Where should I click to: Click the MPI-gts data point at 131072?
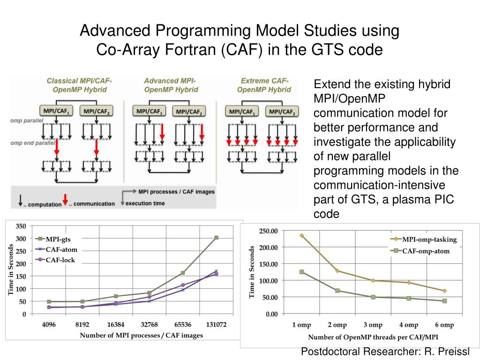(x=216, y=238)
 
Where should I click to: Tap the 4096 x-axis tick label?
(x=48, y=324)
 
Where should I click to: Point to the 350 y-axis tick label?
(x=21, y=226)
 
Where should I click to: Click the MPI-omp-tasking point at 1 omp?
(x=302, y=235)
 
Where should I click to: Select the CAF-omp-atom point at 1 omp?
(x=302, y=272)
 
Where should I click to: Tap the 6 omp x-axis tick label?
(x=444, y=325)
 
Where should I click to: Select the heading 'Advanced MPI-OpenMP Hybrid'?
(x=171, y=85)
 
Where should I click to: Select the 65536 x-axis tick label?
(x=182, y=324)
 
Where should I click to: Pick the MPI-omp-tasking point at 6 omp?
(x=444, y=291)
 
